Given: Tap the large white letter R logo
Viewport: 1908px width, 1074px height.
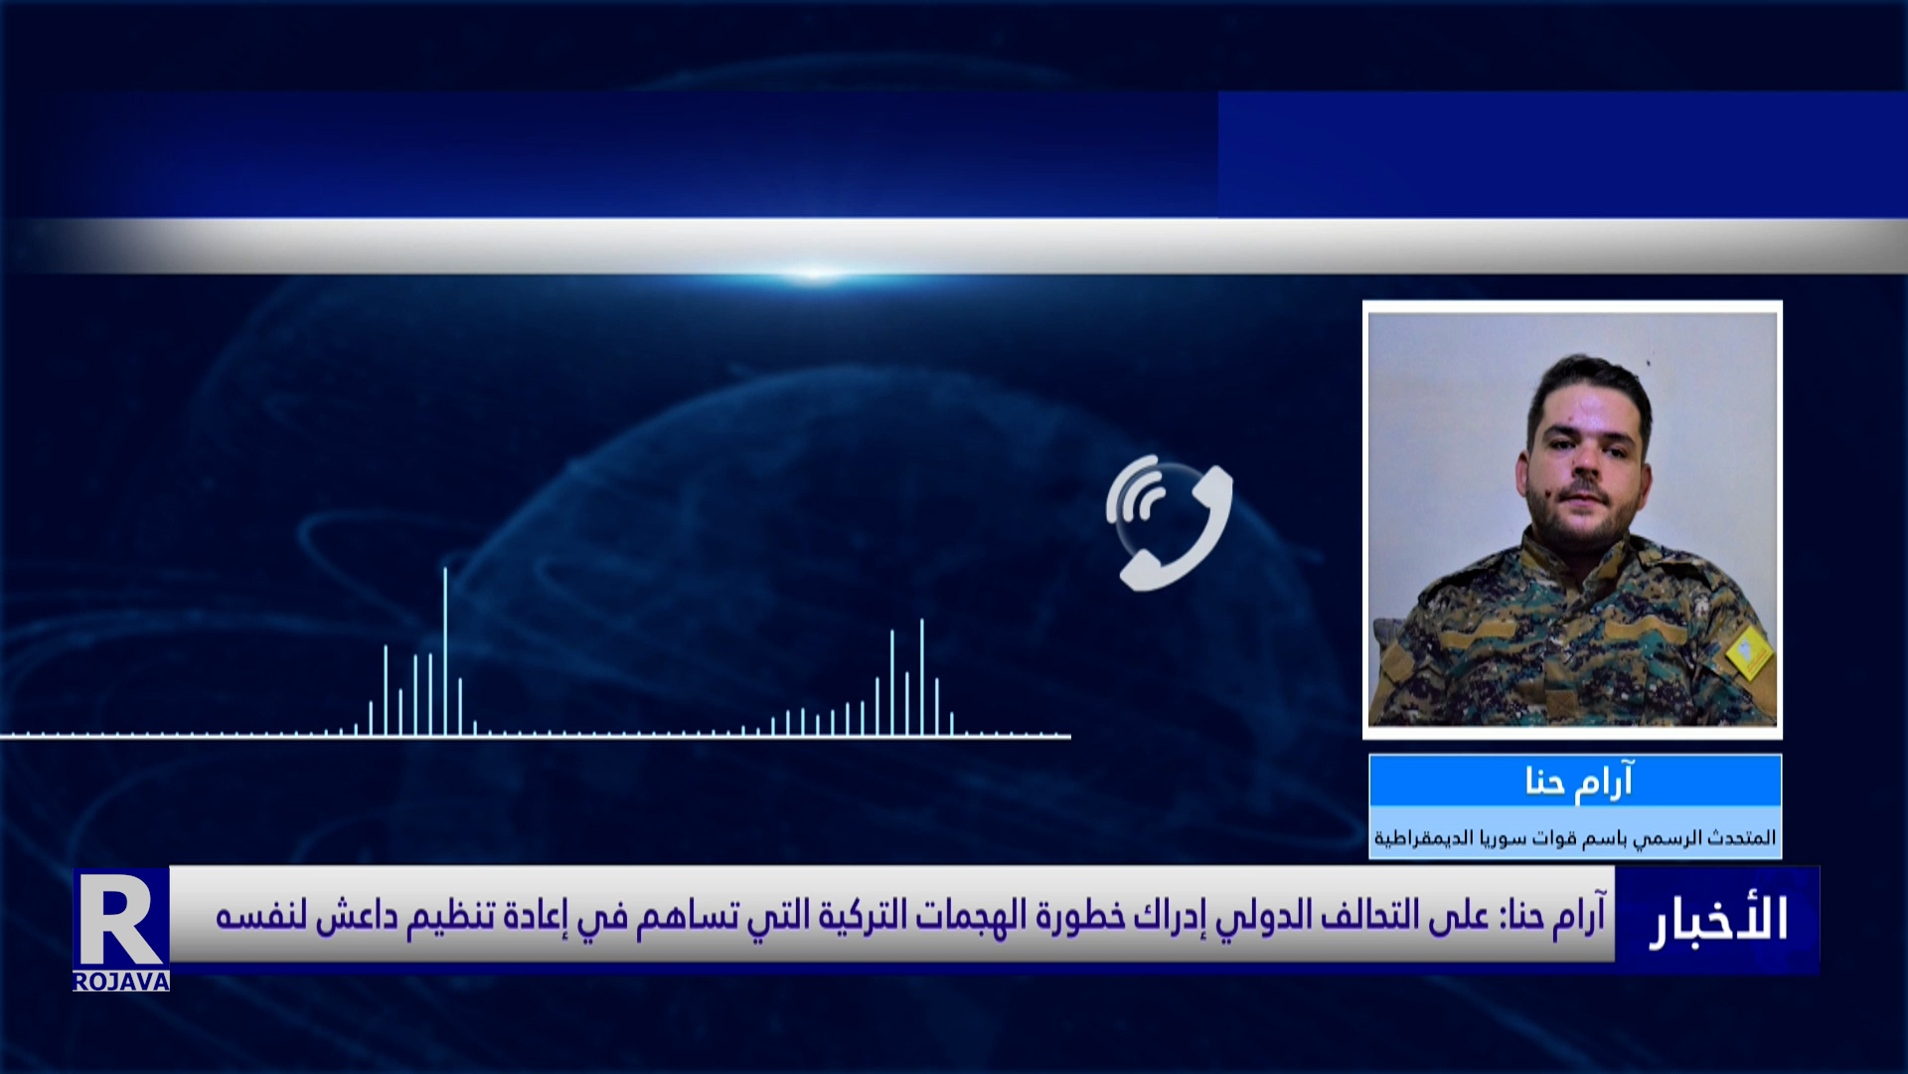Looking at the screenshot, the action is pos(119,920).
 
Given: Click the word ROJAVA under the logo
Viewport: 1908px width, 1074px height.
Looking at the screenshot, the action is pos(121,982).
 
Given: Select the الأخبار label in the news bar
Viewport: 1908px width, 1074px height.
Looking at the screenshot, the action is pos(1718,920).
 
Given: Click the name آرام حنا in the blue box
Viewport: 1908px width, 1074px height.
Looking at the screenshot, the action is pos(1578,782).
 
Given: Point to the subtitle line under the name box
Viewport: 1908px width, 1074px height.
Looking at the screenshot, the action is pos(1575,838).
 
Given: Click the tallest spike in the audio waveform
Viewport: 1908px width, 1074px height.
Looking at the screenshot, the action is pos(445,651).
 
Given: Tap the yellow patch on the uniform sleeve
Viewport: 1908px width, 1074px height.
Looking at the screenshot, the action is pos(1750,652).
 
